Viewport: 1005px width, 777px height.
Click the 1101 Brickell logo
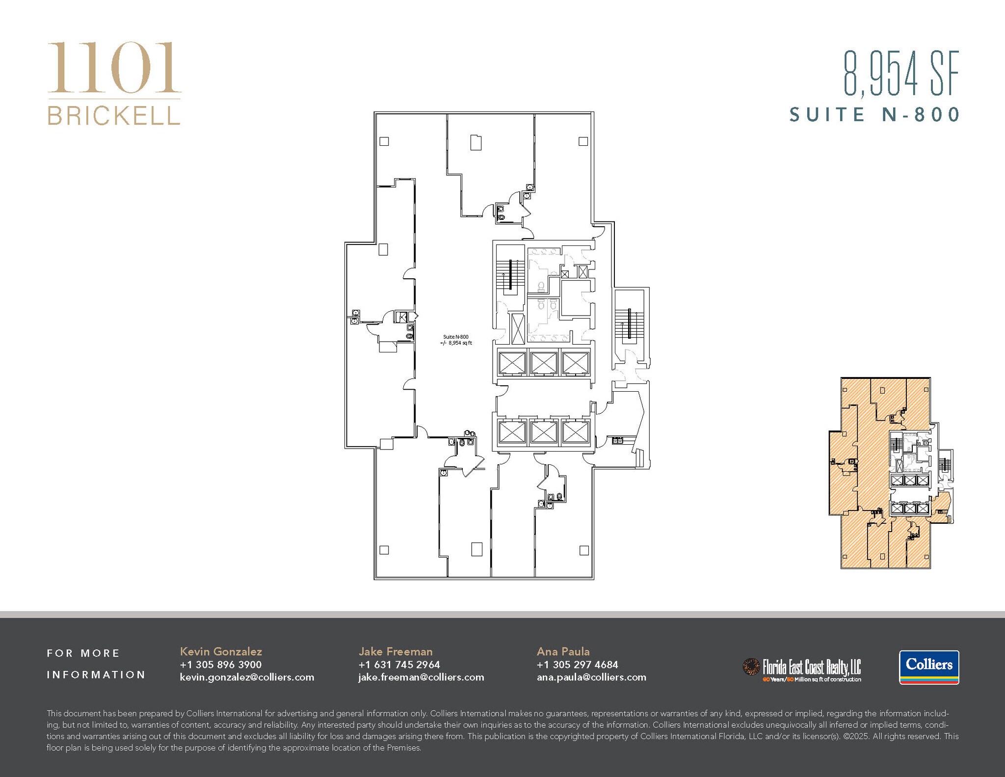click(114, 83)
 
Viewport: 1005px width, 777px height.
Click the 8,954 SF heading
click(901, 74)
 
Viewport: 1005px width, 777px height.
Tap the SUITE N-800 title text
click(874, 115)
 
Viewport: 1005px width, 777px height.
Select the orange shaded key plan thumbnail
click(891, 473)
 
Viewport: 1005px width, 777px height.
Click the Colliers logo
click(929, 667)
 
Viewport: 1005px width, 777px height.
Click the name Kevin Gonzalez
click(221, 651)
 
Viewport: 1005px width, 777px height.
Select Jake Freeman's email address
click(421, 677)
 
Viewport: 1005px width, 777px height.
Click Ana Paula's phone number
click(577, 665)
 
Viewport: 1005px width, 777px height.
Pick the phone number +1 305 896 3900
click(221, 665)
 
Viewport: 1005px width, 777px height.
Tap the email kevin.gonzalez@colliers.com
click(247, 677)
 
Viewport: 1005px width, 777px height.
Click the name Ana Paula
click(563, 651)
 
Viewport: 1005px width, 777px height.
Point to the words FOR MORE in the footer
click(83, 653)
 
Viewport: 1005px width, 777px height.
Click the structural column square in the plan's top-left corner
click(384, 141)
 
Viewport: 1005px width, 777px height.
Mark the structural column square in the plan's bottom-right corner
click(584, 550)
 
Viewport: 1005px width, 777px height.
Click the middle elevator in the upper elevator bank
click(544, 363)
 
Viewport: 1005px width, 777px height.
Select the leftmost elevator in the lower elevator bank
click(512, 432)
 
